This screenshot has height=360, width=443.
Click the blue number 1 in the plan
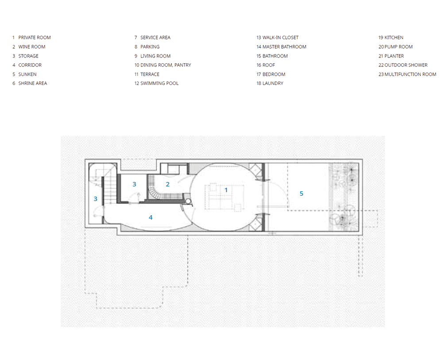[x=226, y=190]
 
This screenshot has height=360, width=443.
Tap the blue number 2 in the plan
[x=167, y=184]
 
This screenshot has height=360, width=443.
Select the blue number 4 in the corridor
[x=151, y=217]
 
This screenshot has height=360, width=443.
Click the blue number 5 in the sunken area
[x=301, y=194]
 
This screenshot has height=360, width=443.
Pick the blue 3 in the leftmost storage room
[x=96, y=199]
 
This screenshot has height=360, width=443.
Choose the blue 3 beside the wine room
[x=135, y=184]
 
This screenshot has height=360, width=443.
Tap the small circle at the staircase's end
[x=188, y=201]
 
